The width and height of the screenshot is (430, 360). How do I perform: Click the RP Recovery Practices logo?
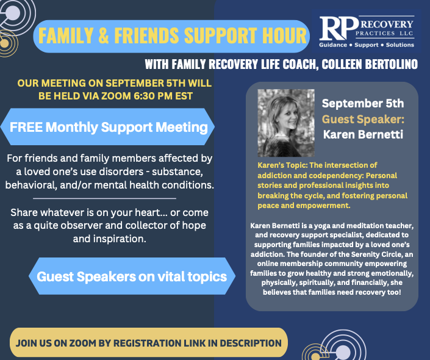tap(367, 31)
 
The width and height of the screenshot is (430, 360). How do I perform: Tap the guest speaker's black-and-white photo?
tap(286, 123)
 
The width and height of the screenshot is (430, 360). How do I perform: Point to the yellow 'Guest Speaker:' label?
tap(363, 119)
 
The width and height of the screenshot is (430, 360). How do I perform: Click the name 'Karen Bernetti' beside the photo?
tap(363, 134)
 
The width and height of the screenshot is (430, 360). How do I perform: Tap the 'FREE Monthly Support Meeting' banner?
tap(107, 127)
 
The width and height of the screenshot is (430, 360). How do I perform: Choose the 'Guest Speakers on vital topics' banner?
tap(132, 276)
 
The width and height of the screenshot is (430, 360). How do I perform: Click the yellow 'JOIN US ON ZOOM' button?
tap(149, 343)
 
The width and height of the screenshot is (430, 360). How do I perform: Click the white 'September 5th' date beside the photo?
tap(363, 104)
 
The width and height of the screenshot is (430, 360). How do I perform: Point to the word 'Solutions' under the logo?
tap(400, 45)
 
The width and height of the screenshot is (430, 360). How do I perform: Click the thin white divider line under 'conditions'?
tap(104, 198)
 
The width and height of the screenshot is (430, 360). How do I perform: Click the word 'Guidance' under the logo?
tap(333, 45)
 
